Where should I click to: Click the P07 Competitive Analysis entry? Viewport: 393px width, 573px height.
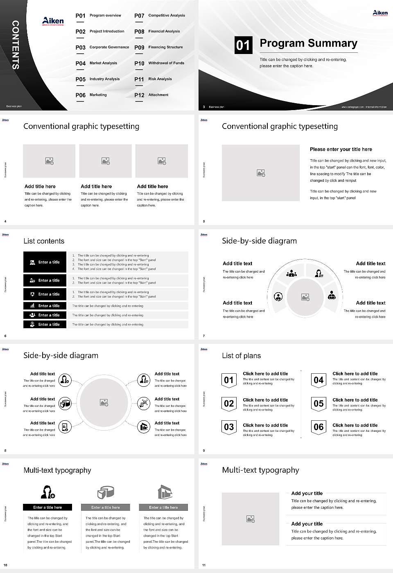[x=160, y=16]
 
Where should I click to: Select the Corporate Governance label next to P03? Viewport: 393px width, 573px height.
[x=109, y=47]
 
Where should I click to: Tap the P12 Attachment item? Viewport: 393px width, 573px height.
[x=151, y=95]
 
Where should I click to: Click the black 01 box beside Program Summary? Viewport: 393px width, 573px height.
[x=243, y=45]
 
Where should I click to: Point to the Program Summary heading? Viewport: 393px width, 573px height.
[x=308, y=43]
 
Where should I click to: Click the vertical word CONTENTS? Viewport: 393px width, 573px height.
[x=16, y=45]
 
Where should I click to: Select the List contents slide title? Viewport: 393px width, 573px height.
[x=44, y=241]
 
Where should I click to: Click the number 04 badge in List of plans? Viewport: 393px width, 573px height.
[x=318, y=380]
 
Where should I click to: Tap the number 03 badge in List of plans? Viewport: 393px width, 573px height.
[x=229, y=427]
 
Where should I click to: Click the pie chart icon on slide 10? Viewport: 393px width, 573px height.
[x=106, y=492]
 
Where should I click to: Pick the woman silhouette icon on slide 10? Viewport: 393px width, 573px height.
[x=47, y=492]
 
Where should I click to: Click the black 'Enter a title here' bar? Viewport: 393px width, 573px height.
[x=47, y=507]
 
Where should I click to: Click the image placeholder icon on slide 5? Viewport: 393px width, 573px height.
[x=261, y=173]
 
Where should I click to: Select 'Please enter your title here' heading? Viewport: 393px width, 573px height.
[x=341, y=149]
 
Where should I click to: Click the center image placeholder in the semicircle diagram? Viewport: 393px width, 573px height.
[x=305, y=297]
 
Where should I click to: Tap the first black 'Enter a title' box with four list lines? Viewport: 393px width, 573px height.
[x=45, y=262]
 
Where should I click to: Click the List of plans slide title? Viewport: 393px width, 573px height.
[x=241, y=356]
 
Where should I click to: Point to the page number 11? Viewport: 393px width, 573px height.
[x=204, y=565]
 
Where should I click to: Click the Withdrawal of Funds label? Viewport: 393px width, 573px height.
[x=166, y=63]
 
